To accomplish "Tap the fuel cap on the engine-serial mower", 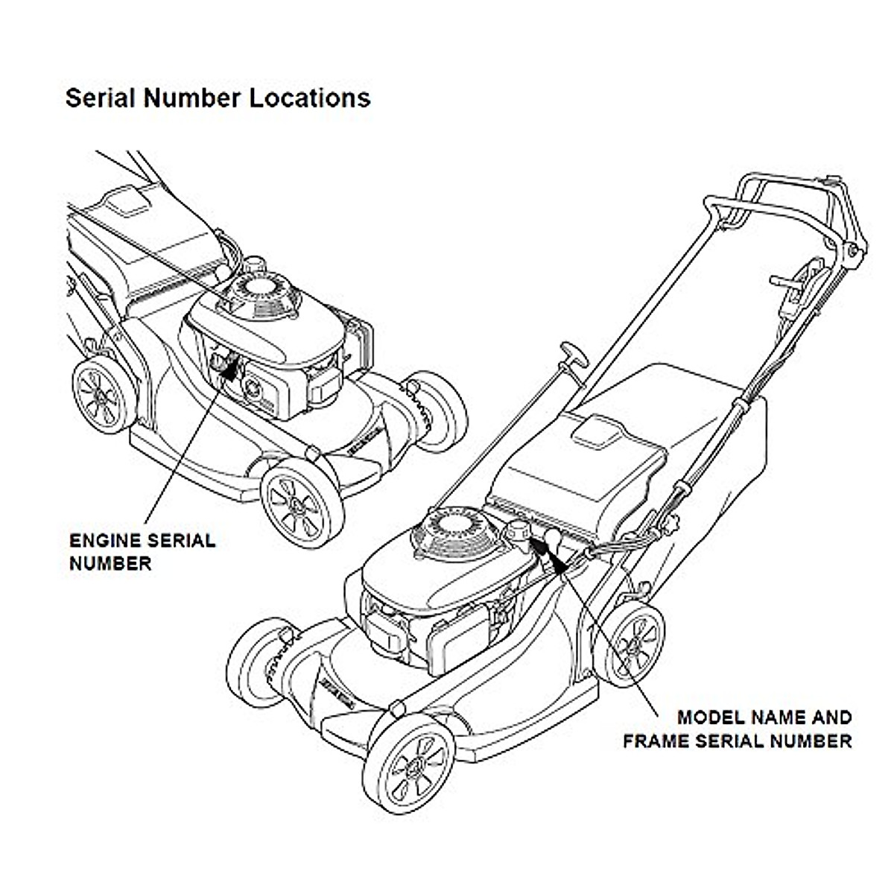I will click(257, 264).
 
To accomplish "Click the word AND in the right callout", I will click(834, 717).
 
